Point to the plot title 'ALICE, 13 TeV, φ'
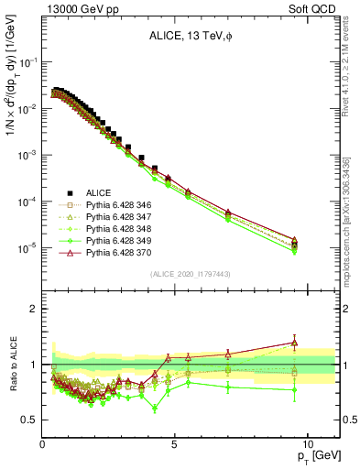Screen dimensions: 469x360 190,36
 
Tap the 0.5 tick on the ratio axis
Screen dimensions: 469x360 30,420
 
